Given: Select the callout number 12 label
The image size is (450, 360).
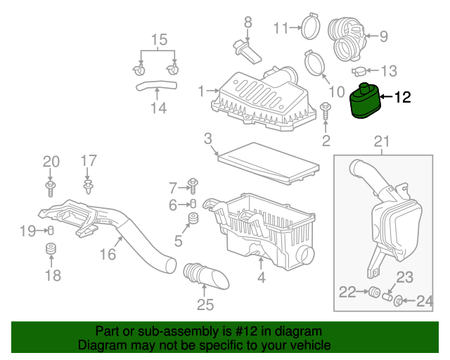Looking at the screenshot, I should click(x=401, y=98).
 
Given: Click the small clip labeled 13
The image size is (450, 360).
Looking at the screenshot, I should click(x=359, y=71).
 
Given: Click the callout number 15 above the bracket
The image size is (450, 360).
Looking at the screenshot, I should click(x=160, y=39).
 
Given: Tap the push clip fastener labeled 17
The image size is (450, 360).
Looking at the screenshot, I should click(x=89, y=187).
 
